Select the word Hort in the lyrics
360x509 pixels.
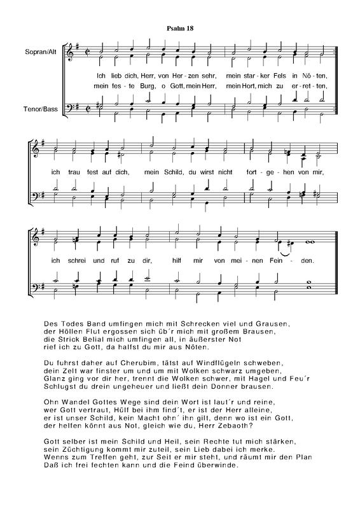click(x=251, y=85)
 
